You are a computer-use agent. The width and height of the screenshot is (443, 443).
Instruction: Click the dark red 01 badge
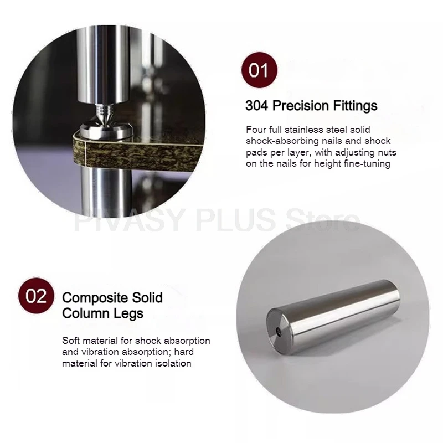coord(259,70)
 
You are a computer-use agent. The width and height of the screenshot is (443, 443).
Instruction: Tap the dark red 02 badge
coord(36,296)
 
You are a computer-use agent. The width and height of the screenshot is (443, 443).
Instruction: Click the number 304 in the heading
coord(256,106)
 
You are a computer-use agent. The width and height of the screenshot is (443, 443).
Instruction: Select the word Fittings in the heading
coord(355,106)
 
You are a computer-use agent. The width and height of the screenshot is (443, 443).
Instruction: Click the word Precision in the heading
coord(301,106)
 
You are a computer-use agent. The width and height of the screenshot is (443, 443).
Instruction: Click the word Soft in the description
coord(71,341)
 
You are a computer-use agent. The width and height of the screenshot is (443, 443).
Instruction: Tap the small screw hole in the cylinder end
coord(279,331)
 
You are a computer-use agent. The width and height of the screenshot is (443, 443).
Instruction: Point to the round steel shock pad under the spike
coord(106,131)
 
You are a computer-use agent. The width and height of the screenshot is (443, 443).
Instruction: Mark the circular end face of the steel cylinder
coord(278,328)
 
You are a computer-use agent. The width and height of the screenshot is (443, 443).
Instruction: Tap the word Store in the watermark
coord(323,220)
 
